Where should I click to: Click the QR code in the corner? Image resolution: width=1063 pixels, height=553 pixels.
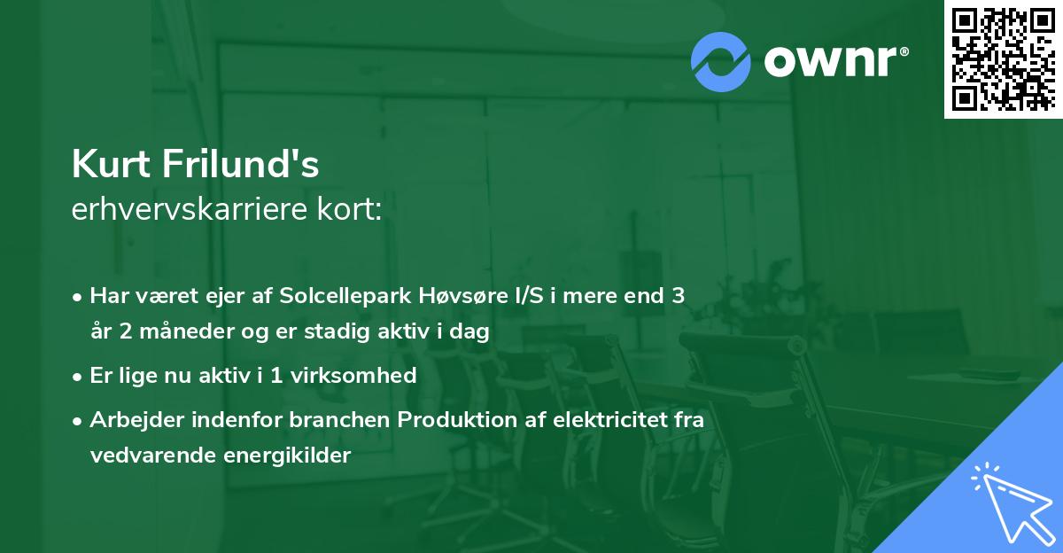tap(1003, 58)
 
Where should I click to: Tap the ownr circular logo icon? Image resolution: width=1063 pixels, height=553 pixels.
tap(721, 62)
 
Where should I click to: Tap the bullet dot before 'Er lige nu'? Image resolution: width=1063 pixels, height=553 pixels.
tap(79, 376)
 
